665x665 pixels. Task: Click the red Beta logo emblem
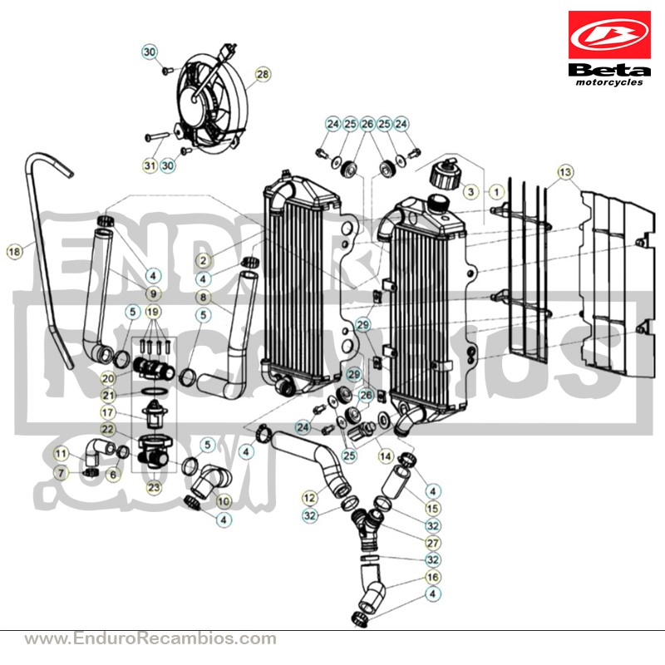pos(609,35)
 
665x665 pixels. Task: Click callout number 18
pos(14,252)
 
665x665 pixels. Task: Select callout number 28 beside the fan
pos(263,74)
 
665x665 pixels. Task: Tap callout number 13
pos(565,172)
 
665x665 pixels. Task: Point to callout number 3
pos(470,192)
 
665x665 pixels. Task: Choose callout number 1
pos(496,192)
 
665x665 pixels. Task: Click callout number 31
pos(150,165)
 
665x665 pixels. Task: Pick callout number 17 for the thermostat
pos(108,412)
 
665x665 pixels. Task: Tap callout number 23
pos(154,487)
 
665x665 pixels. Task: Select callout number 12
pos(310,497)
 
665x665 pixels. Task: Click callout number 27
pos(432,543)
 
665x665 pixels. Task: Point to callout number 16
pos(432,577)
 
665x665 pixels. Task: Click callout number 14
pos(386,456)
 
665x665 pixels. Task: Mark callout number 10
pos(224,501)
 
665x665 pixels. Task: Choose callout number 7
pos(61,472)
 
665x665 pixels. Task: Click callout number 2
pos(204,260)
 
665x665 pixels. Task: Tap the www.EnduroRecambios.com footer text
pos(150,638)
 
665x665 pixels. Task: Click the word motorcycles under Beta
pos(609,82)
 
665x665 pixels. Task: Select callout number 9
pos(153,293)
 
